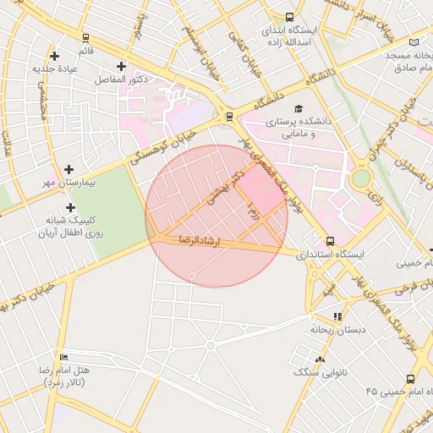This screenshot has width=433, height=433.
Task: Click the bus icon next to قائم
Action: (x=85, y=37)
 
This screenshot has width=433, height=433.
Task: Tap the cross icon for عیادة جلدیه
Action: (x=55, y=56)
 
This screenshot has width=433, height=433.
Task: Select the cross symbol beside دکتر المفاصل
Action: (x=121, y=66)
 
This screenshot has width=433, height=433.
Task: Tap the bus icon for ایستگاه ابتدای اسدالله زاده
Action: (x=290, y=17)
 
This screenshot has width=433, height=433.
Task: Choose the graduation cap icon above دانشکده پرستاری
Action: (x=297, y=109)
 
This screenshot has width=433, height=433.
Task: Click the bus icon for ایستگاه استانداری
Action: (x=330, y=241)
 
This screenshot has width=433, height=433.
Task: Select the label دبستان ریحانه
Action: (x=337, y=330)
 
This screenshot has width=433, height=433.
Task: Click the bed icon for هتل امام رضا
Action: (x=64, y=358)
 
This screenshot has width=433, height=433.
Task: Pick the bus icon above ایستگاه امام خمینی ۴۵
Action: (x=410, y=380)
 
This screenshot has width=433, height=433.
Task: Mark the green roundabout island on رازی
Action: (x=361, y=179)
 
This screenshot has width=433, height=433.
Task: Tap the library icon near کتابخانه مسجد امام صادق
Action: (x=414, y=42)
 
